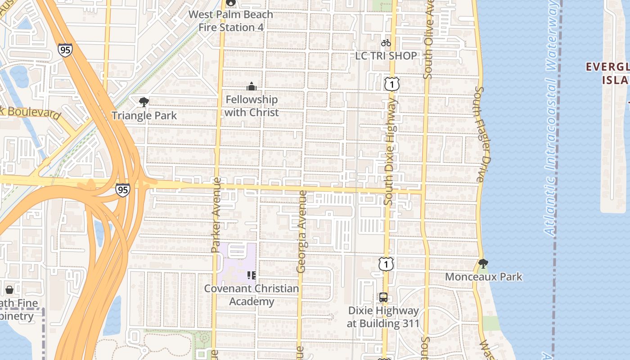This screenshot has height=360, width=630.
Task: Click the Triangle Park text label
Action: tap(144, 116)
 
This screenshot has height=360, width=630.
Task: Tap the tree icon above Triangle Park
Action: tap(144, 102)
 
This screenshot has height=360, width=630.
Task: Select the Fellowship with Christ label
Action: tap(252, 106)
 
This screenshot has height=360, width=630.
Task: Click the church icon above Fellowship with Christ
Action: tap(252, 86)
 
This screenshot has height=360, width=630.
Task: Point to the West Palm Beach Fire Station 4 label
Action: tap(231, 21)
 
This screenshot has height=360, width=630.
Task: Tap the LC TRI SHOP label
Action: tap(386, 56)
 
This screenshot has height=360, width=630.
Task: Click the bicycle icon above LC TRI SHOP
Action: tap(386, 43)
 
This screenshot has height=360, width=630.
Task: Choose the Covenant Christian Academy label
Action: tap(252, 295)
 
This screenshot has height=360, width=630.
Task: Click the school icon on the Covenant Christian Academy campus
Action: tap(252, 274)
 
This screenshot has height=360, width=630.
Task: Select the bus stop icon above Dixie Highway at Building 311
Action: tap(383, 297)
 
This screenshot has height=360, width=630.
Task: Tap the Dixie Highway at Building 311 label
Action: tap(383, 317)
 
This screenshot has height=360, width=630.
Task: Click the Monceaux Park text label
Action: tap(484, 276)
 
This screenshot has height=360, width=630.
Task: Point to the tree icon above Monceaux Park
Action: tap(483, 263)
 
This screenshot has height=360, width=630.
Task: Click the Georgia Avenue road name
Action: tap(301, 232)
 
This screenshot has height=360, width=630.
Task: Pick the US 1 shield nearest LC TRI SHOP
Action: tap(392, 84)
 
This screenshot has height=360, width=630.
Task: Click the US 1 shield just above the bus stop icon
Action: tap(386, 264)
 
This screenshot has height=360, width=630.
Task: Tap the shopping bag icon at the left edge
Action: tap(9, 289)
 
